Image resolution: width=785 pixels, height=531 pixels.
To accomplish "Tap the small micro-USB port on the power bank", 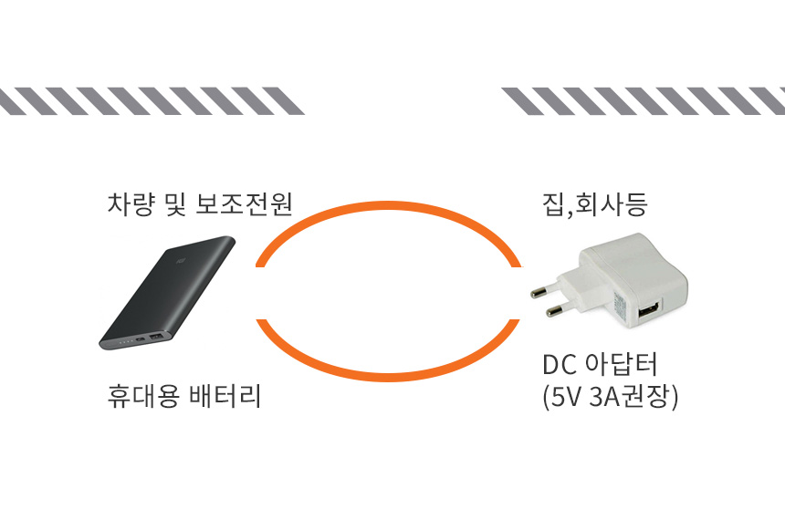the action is (x=138, y=342).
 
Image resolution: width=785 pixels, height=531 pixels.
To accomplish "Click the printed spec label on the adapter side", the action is (x=620, y=306).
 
